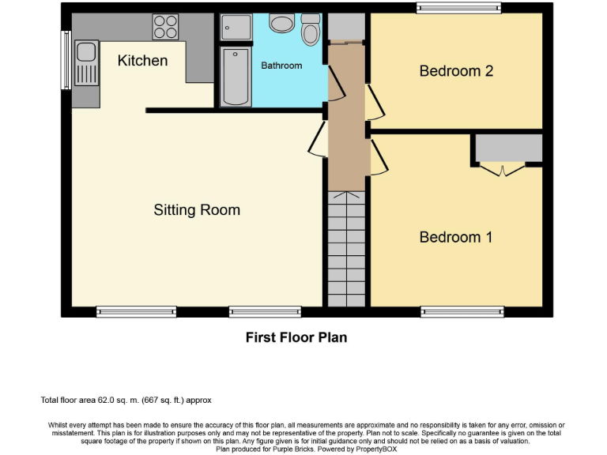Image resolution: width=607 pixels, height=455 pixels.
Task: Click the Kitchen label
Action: click(x=142, y=61)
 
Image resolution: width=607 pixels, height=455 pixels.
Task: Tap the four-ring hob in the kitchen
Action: click(x=164, y=27)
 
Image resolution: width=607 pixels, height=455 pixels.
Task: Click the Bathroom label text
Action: click(x=281, y=66)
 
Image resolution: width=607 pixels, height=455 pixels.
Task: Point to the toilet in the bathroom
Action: click(x=311, y=30)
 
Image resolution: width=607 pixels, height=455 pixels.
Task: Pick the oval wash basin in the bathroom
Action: click(x=281, y=23)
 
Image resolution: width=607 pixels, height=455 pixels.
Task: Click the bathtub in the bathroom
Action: click(x=235, y=77)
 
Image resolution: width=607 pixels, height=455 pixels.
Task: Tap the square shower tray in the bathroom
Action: click(x=235, y=28)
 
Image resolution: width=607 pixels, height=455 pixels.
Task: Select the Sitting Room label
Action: click(x=197, y=210)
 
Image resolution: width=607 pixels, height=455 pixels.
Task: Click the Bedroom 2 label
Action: click(x=456, y=71)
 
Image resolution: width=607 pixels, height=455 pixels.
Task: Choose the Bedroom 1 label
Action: click(x=456, y=237)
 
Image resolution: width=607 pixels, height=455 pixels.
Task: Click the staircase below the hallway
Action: click(x=346, y=250)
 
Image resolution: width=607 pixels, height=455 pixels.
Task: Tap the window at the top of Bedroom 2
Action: click(x=458, y=9)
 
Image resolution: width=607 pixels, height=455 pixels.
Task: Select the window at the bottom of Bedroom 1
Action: click(x=462, y=312)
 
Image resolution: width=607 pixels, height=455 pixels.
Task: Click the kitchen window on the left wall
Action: click(x=66, y=60)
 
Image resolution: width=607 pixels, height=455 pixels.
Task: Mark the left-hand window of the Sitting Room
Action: click(x=136, y=312)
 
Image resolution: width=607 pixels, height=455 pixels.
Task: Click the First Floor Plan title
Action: click(x=296, y=337)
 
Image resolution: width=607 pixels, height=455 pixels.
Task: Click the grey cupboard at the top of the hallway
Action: click(x=345, y=28)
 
